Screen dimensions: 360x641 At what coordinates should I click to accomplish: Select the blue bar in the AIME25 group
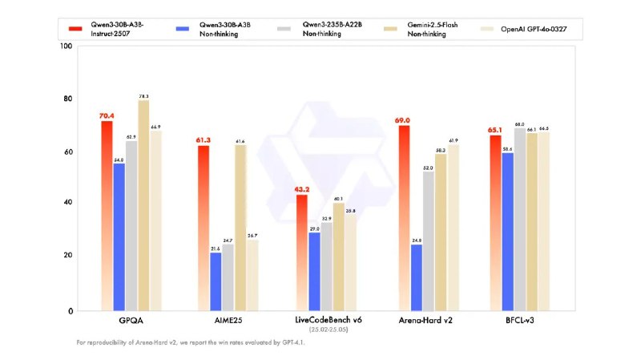tap(216, 281)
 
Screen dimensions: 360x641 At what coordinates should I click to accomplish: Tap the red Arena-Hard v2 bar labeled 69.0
tap(404, 216)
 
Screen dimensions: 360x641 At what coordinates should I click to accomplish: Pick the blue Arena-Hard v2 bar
tap(416, 277)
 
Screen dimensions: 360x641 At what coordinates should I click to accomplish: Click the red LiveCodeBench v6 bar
tap(301, 252)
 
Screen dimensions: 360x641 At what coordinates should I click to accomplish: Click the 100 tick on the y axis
tap(67, 47)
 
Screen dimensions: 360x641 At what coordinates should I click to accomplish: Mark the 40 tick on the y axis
tap(68, 203)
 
